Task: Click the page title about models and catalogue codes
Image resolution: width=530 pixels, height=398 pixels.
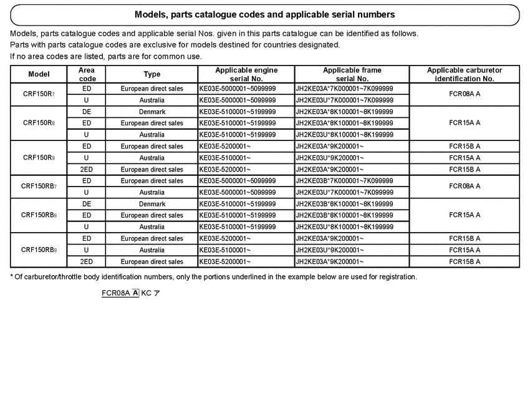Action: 264,14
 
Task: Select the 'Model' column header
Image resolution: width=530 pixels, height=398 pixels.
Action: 39,74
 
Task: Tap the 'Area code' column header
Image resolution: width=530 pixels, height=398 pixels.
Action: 87,74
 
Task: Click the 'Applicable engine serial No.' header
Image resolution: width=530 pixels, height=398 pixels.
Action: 246,74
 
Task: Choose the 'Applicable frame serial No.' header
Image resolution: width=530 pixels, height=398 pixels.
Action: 352,74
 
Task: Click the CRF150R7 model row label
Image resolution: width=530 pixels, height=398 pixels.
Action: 39,94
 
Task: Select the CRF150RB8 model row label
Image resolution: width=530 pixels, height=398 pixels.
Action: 39,215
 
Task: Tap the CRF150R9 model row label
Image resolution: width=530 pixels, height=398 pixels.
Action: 39,158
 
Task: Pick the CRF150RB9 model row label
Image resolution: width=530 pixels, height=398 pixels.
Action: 39,250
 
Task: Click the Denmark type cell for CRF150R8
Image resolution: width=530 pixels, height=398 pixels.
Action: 152,112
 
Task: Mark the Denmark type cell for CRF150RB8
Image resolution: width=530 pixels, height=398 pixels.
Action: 152,204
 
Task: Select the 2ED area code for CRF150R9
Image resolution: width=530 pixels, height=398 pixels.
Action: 87,169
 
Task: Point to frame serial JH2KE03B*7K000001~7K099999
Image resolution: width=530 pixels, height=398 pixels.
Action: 344,181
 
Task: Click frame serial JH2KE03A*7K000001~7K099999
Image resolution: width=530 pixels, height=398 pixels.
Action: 344,89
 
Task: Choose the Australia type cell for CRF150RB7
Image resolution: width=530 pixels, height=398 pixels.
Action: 152,192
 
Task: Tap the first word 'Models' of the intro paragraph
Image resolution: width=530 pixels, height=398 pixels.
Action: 23,34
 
